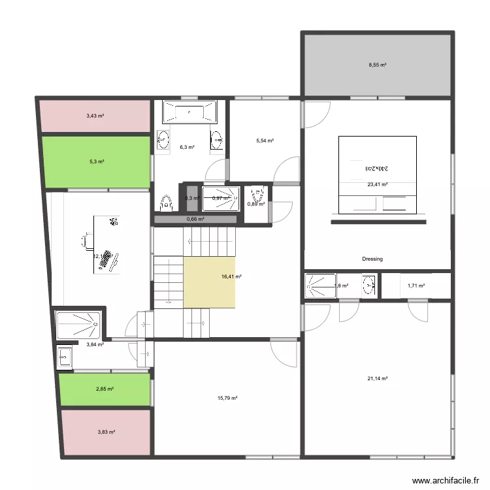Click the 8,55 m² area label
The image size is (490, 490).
tap(377, 65)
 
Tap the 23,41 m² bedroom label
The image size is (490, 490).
tap(378, 184)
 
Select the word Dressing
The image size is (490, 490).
tap(372, 259)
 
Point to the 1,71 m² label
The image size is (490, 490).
tap(416, 286)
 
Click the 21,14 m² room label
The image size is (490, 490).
tap(378, 378)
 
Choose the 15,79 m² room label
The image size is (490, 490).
tap(227, 398)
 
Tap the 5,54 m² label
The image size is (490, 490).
tap(265, 140)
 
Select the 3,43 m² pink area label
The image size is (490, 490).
tap(95, 116)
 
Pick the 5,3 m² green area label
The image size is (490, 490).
tap(96, 161)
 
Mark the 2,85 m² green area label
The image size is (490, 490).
tap(105, 389)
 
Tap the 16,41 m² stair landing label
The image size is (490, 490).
tap(231, 277)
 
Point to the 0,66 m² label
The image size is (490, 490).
tap(195, 220)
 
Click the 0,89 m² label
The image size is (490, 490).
tap(256, 204)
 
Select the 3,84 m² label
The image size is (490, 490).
tap(95, 344)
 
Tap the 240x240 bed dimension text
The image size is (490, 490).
tap(377, 168)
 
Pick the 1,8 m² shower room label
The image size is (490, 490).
tap(341, 286)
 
